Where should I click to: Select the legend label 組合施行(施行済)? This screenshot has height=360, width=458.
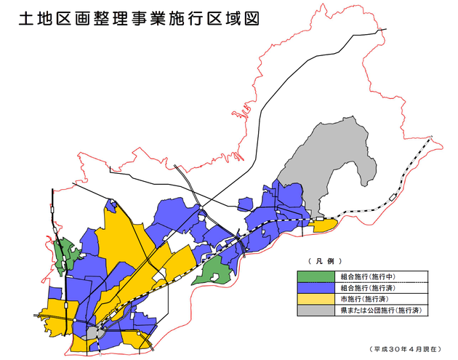(371, 287)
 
